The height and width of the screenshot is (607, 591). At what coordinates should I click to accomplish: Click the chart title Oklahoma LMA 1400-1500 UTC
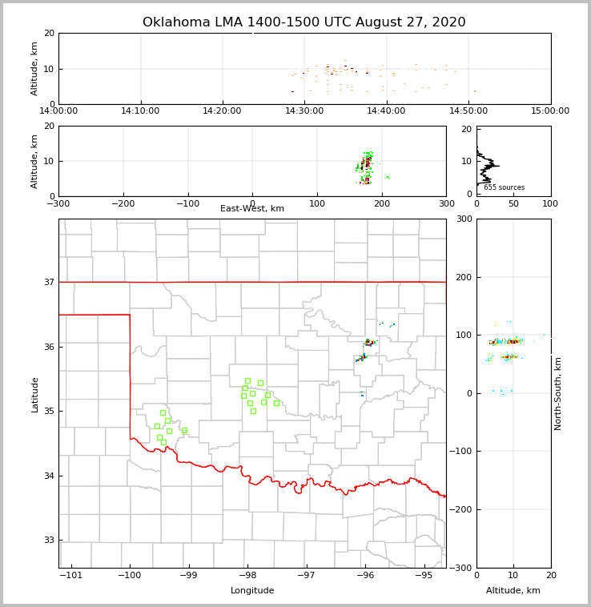click(x=304, y=22)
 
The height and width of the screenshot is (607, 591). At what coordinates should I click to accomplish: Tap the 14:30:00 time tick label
click(x=304, y=111)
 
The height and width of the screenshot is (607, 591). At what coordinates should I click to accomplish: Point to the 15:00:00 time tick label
click(x=550, y=111)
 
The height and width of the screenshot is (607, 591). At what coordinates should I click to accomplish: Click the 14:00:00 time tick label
click(x=58, y=111)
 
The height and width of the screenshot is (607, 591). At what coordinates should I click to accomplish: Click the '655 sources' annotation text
click(x=504, y=187)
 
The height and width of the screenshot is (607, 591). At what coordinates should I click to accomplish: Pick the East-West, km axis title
click(x=252, y=209)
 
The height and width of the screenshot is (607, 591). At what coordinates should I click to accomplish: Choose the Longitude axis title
click(x=252, y=591)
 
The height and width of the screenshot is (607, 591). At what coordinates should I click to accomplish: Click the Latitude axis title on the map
click(x=34, y=394)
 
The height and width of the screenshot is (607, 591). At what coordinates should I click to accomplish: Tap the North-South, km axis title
click(x=558, y=393)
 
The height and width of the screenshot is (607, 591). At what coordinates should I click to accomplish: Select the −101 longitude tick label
click(x=71, y=576)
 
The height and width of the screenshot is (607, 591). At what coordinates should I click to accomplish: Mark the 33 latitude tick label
click(x=50, y=540)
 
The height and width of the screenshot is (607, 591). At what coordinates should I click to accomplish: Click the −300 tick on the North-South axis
click(x=460, y=568)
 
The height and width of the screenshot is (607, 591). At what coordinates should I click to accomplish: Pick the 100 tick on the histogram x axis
click(x=550, y=204)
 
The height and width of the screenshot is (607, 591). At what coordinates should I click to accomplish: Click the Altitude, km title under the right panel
click(x=513, y=591)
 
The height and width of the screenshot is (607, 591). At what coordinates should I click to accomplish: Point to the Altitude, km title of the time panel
click(x=34, y=69)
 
